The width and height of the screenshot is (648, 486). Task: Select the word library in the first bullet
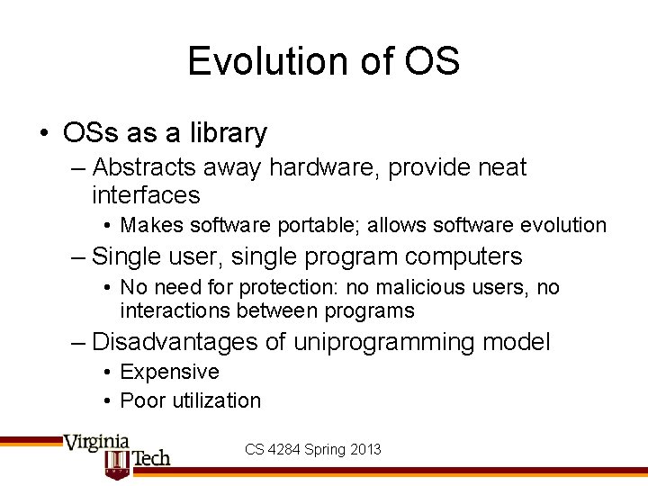229,133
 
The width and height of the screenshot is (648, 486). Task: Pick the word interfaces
146,194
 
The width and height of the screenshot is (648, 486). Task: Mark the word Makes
149,225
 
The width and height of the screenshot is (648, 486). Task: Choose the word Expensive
169,372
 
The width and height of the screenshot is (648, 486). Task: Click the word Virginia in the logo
96,443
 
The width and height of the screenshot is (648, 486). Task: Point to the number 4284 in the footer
286,449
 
